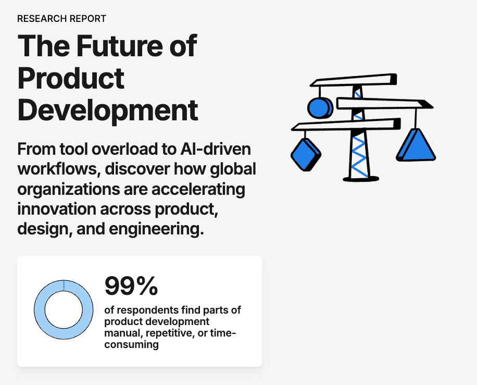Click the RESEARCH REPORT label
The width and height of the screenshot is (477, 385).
[61, 19]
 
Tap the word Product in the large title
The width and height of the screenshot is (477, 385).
[71, 78]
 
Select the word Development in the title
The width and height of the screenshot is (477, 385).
[108, 110]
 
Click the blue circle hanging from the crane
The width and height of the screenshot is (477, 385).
[319, 108]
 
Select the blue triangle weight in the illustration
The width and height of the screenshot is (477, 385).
[416, 144]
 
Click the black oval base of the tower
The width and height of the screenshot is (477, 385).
[361, 178]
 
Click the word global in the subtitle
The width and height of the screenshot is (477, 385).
[231, 169]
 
